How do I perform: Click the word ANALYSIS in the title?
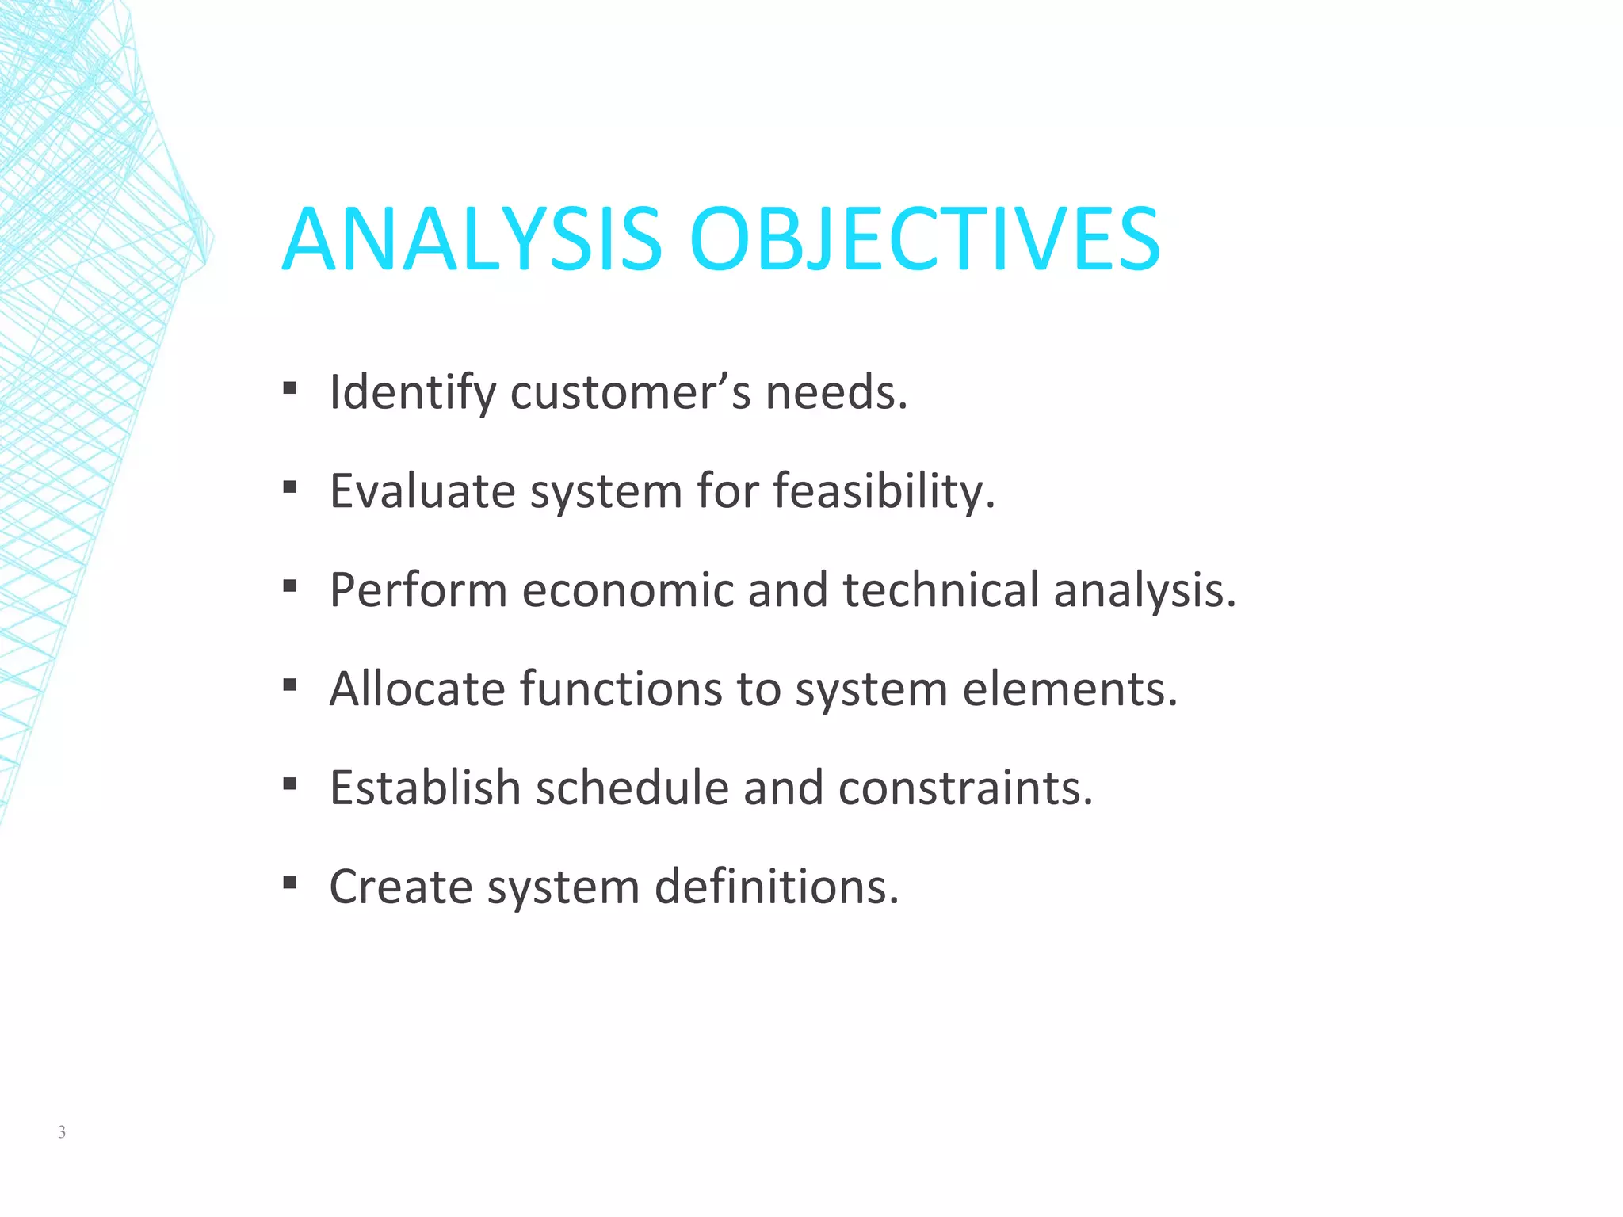click(x=472, y=239)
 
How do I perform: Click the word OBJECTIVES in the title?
click(x=924, y=239)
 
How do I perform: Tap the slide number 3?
click(x=62, y=1132)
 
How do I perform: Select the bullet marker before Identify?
click(x=289, y=388)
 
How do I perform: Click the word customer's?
click(x=630, y=392)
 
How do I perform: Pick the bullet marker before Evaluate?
click(x=289, y=487)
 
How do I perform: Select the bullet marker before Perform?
click(x=289, y=586)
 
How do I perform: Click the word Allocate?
click(x=417, y=689)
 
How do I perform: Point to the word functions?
click(x=621, y=689)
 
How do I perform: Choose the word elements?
click(x=1070, y=689)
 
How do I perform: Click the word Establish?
click(x=425, y=788)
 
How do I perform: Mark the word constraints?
click(x=965, y=788)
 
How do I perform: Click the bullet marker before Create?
click(x=289, y=882)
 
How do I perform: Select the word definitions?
click(x=777, y=887)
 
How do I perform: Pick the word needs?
click(x=836, y=392)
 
